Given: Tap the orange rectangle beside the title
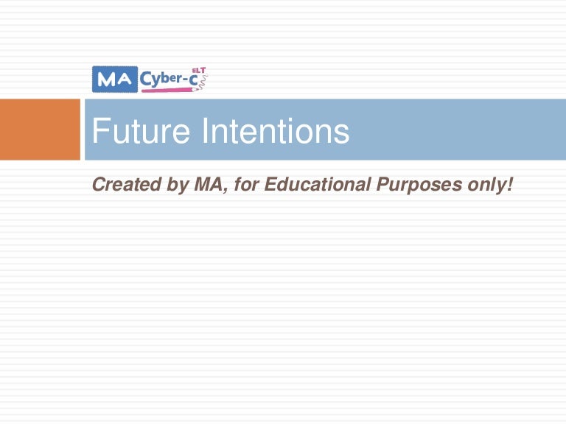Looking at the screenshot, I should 40,130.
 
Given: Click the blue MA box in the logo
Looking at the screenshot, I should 114,79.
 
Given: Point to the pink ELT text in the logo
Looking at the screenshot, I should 198,70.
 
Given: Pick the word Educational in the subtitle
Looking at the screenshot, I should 318,185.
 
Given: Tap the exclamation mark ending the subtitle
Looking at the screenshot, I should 509,185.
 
